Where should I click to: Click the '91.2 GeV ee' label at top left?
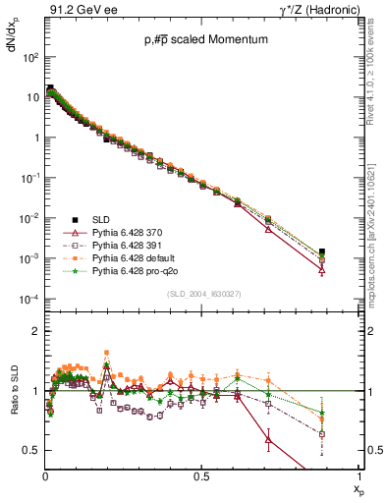tap(80, 11)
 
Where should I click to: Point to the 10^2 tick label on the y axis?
tap(30, 57)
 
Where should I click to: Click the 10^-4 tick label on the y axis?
tap(30, 299)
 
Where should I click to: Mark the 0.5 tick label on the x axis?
tap(201, 475)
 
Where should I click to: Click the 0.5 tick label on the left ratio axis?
tap(30, 450)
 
